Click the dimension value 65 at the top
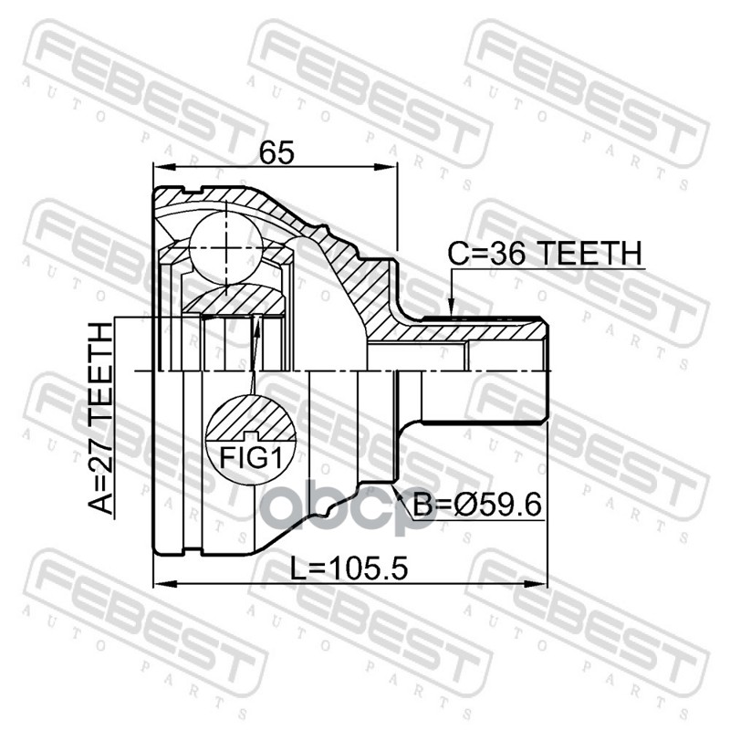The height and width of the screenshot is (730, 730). tap(276, 152)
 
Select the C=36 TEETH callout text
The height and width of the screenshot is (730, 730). tap(545, 254)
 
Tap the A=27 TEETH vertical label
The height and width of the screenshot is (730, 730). tap(101, 419)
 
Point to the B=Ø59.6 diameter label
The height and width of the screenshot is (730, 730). tap(477, 506)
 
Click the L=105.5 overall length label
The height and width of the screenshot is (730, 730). tap(349, 568)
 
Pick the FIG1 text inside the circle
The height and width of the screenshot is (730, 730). tap(251, 458)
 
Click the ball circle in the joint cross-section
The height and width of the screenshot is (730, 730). tap(225, 248)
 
